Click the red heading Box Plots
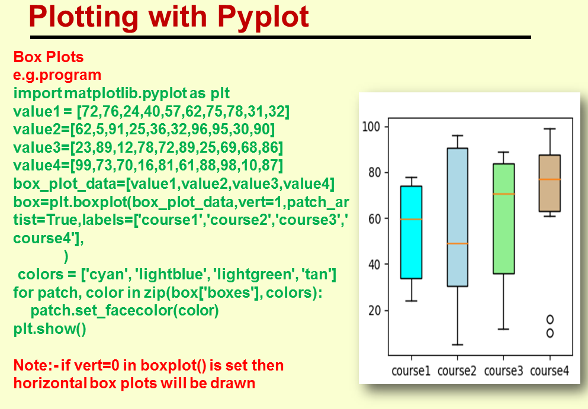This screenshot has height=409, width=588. (x=48, y=57)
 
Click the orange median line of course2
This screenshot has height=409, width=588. (x=457, y=243)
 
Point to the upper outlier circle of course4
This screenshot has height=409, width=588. (x=550, y=320)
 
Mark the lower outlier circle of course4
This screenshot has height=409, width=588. (x=550, y=333)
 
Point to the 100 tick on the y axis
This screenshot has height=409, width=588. (x=371, y=127)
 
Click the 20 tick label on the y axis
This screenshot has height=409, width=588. (x=374, y=311)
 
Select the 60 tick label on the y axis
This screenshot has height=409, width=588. (x=374, y=218)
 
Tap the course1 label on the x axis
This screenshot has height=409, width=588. (x=411, y=371)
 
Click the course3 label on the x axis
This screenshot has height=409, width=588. (x=503, y=371)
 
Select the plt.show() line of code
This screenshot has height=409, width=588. (x=50, y=329)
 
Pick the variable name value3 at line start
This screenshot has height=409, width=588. (x=35, y=146)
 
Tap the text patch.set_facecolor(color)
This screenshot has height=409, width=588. (x=124, y=311)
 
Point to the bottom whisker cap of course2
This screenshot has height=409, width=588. (x=457, y=344)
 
